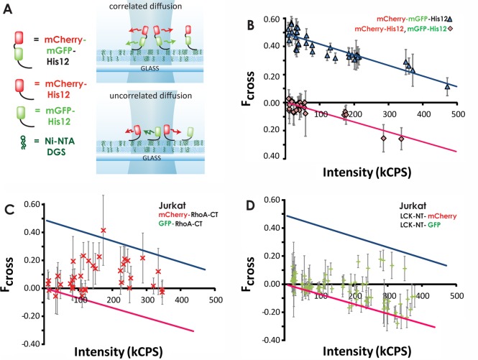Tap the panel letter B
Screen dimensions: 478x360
250,25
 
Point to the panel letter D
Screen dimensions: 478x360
251,206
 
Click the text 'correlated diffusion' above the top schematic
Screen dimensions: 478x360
145,6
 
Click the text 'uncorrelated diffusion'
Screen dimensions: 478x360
151,96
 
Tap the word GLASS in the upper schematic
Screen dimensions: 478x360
150,68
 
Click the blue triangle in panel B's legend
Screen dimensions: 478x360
450,19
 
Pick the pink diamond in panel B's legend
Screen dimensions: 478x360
450,29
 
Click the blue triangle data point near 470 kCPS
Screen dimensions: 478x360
447,86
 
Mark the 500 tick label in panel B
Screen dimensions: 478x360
458,114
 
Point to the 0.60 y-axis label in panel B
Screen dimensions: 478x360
272,19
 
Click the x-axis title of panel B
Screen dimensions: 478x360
367,172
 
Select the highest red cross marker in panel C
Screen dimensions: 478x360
104,230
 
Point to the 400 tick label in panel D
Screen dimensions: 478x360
423,295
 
